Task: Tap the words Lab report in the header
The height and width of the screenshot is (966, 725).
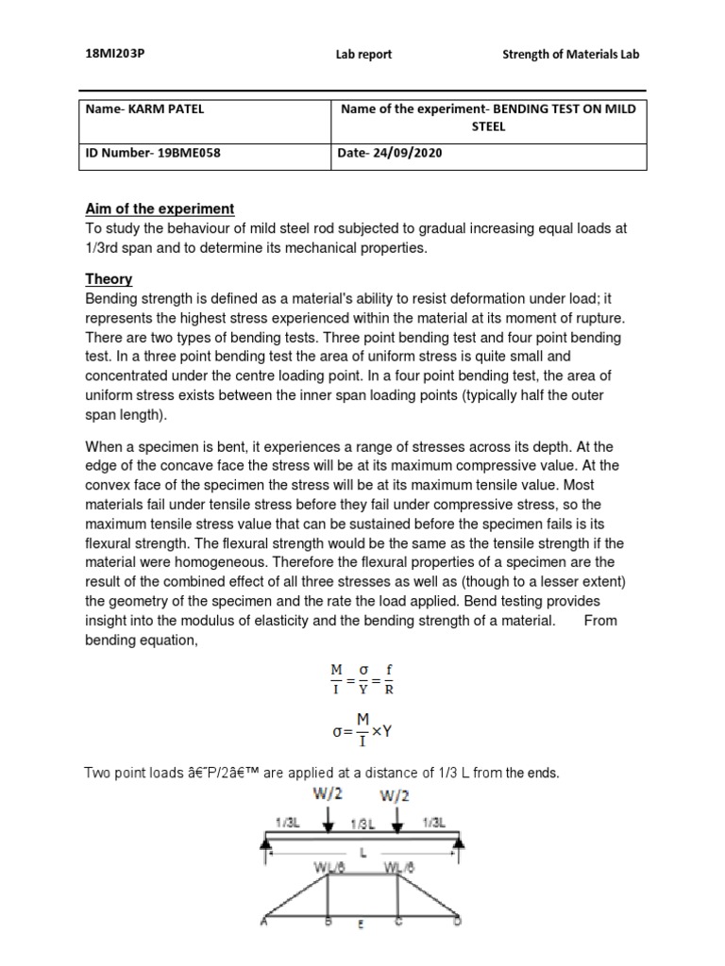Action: [363, 55]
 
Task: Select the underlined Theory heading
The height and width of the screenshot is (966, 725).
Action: [109, 279]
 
